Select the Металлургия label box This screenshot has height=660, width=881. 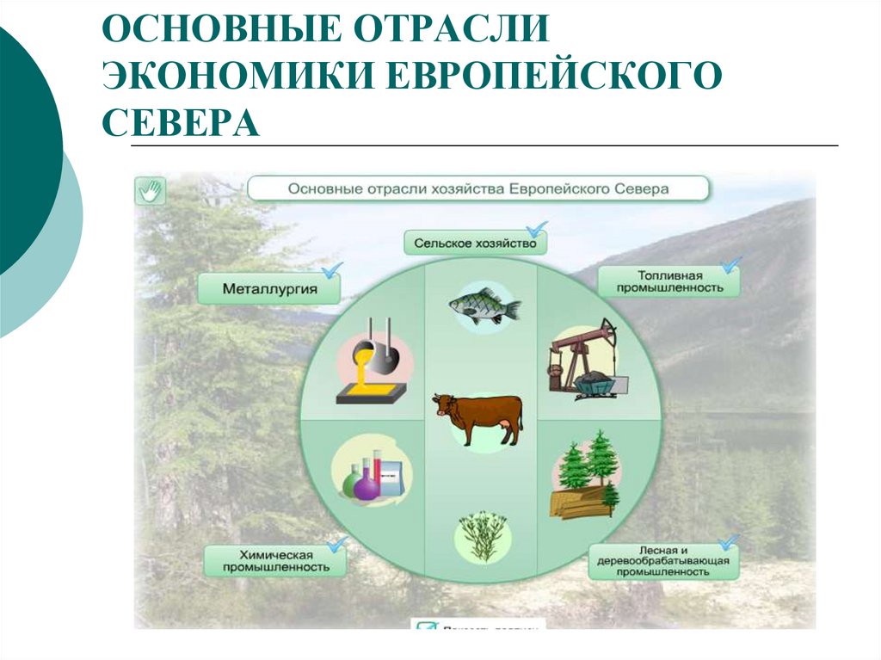pos(269,289)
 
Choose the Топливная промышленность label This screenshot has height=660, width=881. pos(668,281)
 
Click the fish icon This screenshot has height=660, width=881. pos(484,305)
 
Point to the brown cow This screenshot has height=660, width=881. pos(478,418)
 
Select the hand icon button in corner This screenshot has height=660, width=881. pos(150,190)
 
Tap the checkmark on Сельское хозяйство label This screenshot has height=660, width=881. pos(537,229)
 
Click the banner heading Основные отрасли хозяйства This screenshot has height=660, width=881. pos(477,188)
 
